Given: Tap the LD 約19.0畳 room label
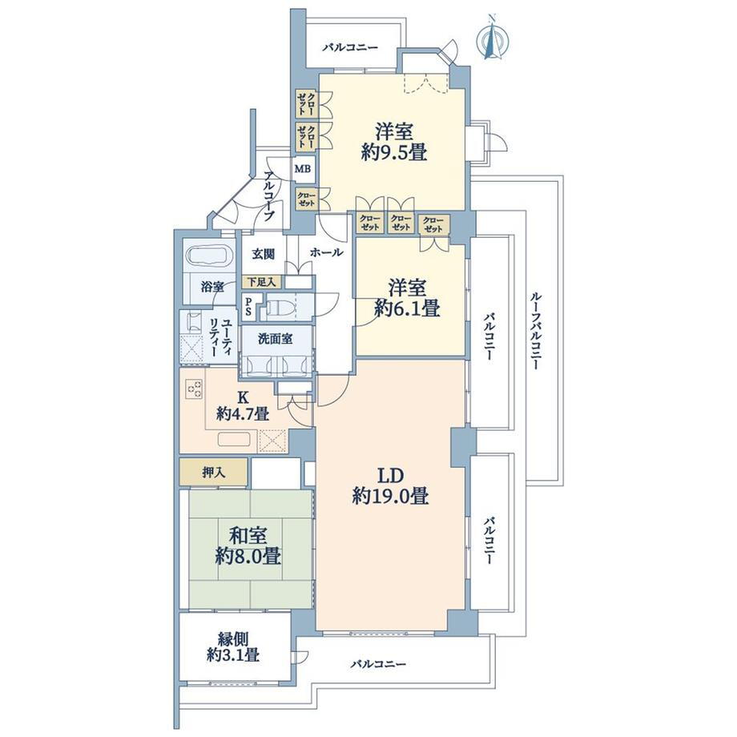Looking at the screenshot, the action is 390,486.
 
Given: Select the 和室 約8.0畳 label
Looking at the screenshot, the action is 248,546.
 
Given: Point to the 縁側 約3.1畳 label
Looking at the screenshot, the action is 234,646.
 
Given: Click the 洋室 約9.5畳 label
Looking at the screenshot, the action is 394,143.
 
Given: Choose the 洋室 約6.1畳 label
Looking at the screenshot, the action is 407,298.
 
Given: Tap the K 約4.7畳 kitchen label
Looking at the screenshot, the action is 243,405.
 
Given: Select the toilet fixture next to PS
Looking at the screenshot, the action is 280,307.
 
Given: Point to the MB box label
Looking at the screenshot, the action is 303,167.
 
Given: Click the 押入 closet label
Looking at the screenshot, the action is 213,473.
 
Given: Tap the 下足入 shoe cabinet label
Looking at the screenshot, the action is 262,282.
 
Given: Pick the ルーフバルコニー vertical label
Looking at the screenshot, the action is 535,330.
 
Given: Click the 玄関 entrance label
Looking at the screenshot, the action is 263,254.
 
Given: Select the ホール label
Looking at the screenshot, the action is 326,252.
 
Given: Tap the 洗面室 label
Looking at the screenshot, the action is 276,338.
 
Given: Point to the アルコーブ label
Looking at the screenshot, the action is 269,196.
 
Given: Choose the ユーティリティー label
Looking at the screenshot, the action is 220,338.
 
